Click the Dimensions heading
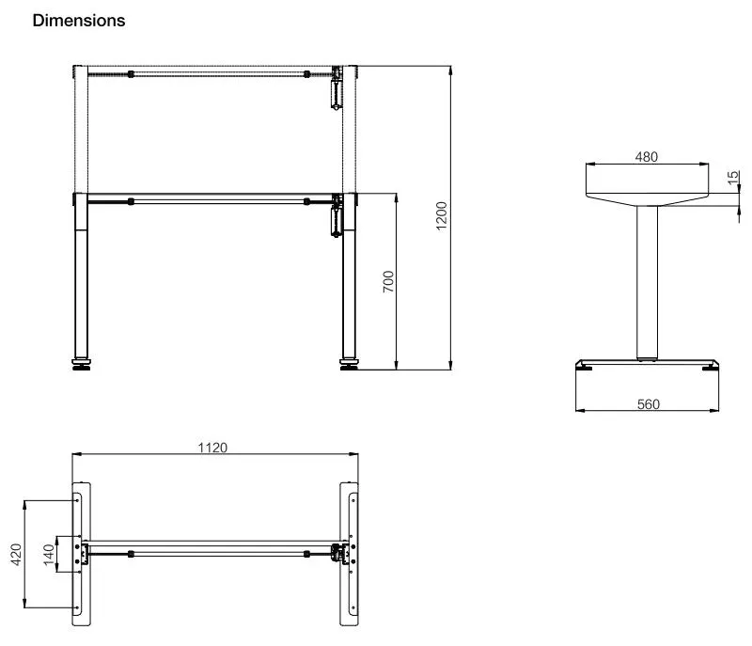pyautogui.click(x=79, y=21)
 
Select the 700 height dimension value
pyautogui.click(x=388, y=281)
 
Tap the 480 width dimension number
pyautogui.click(x=646, y=157)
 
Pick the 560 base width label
pyautogui.click(x=648, y=404)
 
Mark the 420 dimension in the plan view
pyautogui.click(x=16, y=554)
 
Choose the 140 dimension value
pyautogui.click(x=49, y=553)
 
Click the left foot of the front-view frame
pyautogui.click(x=83, y=365)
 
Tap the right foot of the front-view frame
pyautogui.click(x=350, y=365)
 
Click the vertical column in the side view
pyautogui.click(x=647, y=282)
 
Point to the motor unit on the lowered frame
pyautogui.click(x=335, y=218)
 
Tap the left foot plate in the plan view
pyautogui.click(x=82, y=555)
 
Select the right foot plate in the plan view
pyautogui.click(x=350, y=555)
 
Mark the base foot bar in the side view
pyautogui.click(x=648, y=366)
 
